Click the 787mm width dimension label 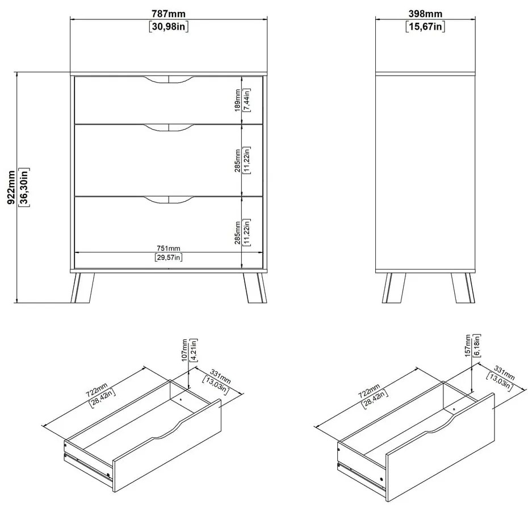click(169, 14)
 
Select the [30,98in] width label click(169, 26)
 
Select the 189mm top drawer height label click(237, 100)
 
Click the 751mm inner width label click(169, 248)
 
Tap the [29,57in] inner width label click(169, 258)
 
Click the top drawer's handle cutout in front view click(169, 80)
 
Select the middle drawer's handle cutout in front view click(169, 129)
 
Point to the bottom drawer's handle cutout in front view click(169, 200)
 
